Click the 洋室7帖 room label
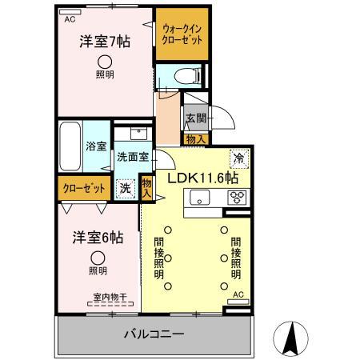click(x=104, y=42)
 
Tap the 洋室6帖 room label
click(x=95, y=238)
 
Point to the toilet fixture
click(x=182, y=78)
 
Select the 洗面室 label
click(x=132, y=157)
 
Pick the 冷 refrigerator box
click(x=238, y=158)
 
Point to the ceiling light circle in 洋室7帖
click(x=105, y=62)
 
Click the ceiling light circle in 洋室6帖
click(x=97, y=258)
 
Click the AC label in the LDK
click(x=238, y=294)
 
